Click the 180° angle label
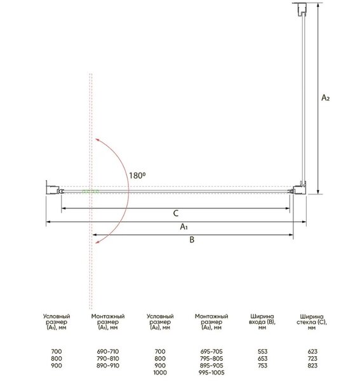[x=137, y=175]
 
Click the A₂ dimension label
[x=326, y=98]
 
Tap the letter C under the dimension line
[x=176, y=213]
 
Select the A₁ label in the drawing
[x=184, y=227]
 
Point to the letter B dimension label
[x=192, y=240]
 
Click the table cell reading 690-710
[x=108, y=351]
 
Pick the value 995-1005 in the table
[x=211, y=373]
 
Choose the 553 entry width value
[x=263, y=351]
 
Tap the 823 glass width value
[x=312, y=366]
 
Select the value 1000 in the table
[x=160, y=373]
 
